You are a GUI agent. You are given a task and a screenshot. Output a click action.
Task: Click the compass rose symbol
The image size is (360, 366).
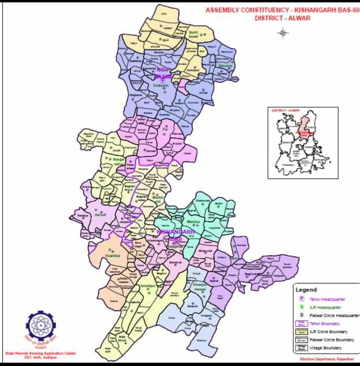click(282, 33)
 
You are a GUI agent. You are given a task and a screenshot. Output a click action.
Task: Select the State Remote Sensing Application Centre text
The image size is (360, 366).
click(40, 353)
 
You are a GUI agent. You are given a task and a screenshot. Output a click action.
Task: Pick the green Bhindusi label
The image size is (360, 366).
click(225, 66)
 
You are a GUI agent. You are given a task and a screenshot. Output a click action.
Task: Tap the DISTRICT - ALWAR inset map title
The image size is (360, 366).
click(286, 110)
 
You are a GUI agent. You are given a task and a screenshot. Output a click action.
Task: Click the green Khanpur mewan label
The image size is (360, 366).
click(200, 287)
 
